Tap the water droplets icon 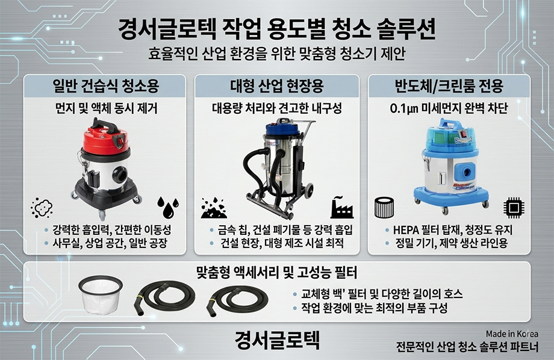coord(168,207)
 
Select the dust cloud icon coord(42,207)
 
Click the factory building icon coord(341,207)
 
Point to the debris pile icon coord(214,208)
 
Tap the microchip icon coord(514,207)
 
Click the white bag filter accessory coord(101,294)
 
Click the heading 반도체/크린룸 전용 coord(449,86)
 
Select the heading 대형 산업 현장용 coord(277,86)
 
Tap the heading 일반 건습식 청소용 coord(105,86)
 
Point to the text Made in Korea coord(512,334)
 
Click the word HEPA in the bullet coord(406,230)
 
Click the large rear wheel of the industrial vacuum coord(308,190)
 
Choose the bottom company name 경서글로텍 coord(277,340)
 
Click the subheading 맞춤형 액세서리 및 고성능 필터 coord(276,272)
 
